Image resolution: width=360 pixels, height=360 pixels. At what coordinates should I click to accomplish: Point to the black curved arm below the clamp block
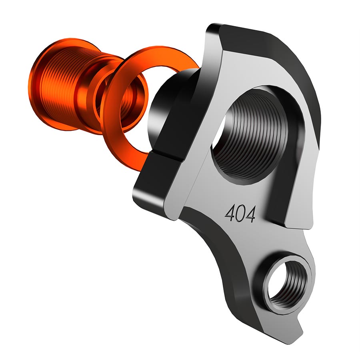[x=224, y=256]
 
